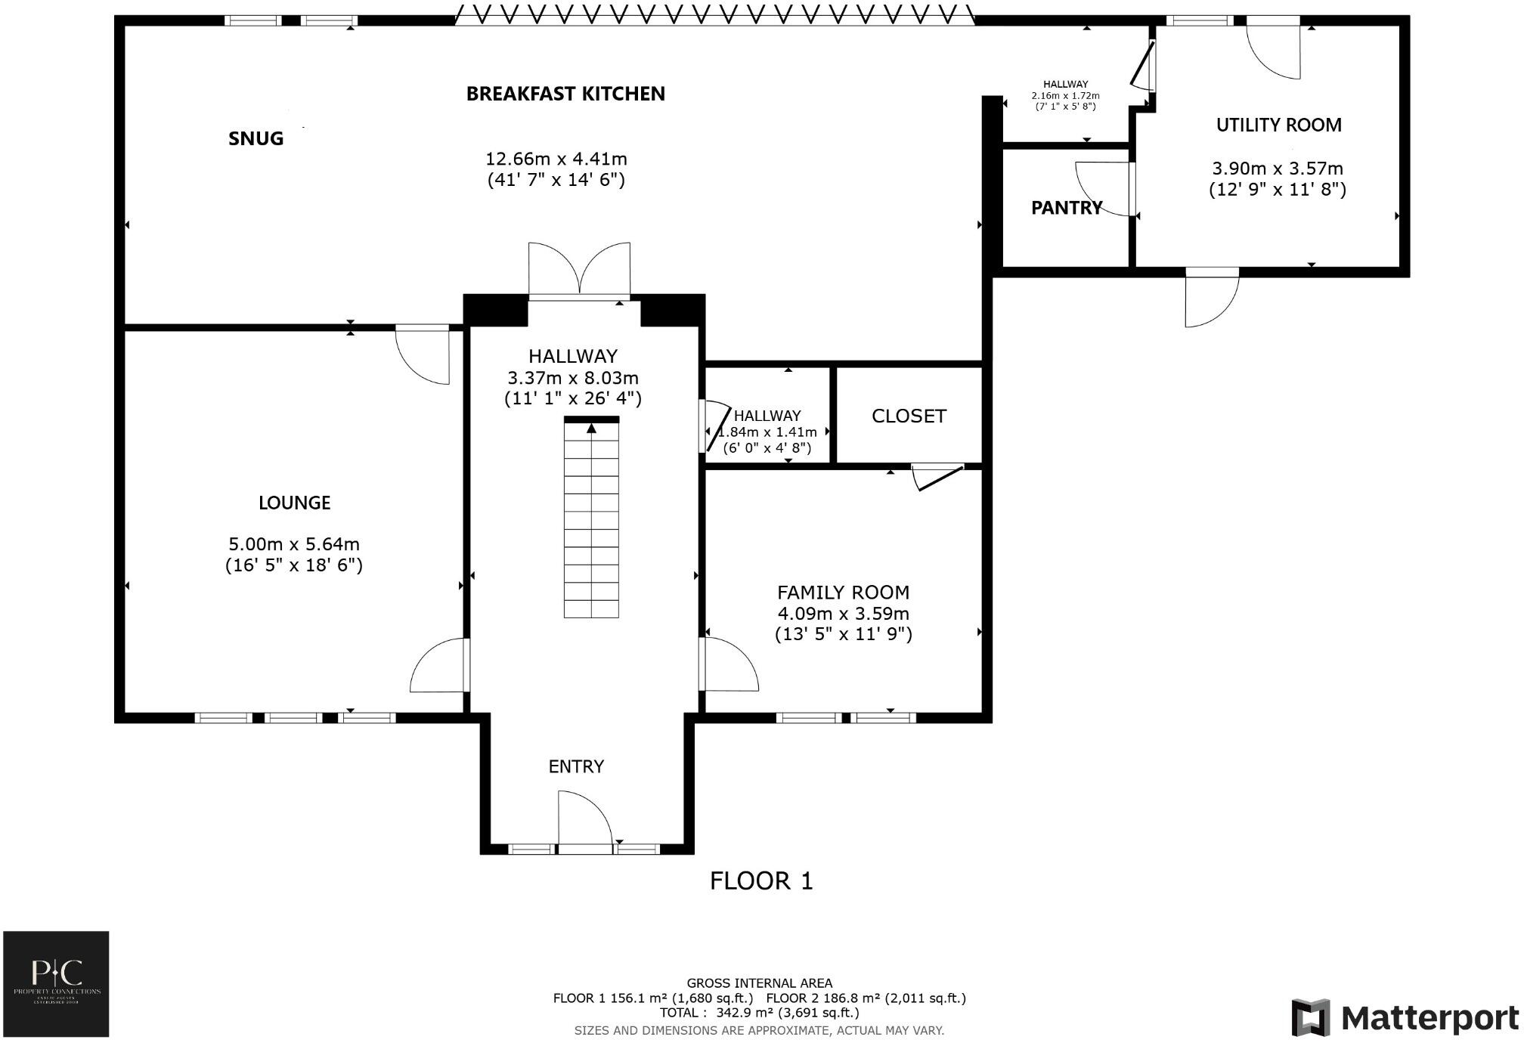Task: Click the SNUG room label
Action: (256, 138)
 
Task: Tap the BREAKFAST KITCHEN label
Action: (565, 94)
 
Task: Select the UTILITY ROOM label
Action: (1278, 125)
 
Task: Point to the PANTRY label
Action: (1066, 208)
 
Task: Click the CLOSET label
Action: (909, 416)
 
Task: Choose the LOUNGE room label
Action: (294, 503)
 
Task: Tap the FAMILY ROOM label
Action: (843, 593)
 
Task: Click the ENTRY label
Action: (576, 766)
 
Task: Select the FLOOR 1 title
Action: (761, 880)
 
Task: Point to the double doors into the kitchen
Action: (579, 271)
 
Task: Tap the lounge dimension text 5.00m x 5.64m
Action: (294, 544)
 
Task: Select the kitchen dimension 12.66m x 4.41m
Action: (556, 159)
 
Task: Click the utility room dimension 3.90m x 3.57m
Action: (1277, 169)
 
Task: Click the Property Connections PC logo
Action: (57, 983)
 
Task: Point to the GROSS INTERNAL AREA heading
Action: (759, 983)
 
